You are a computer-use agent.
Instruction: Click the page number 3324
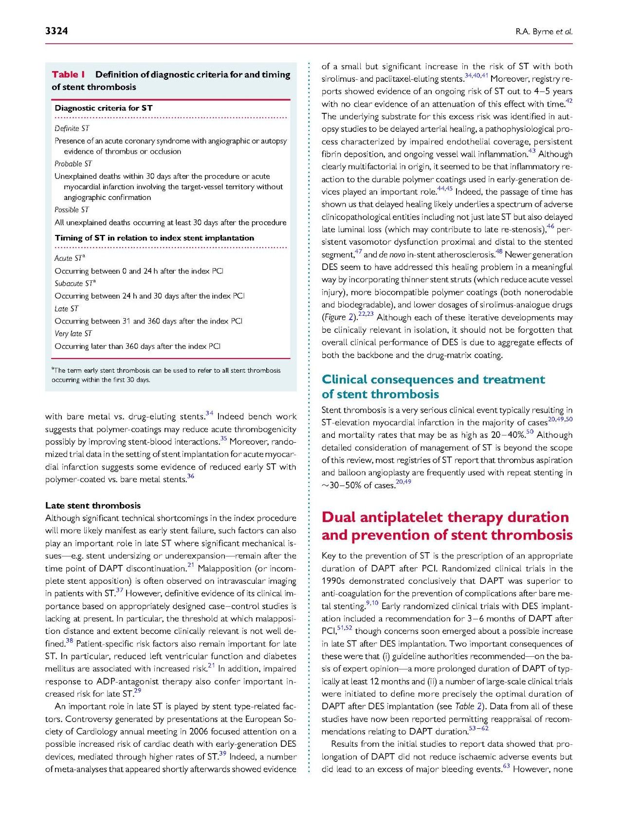pyautogui.click(x=56, y=31)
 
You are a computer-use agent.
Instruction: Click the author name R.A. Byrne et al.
pyautogui.click(x=544, y=32)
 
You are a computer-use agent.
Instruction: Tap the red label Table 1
pyautogui.click(x=68, y=74)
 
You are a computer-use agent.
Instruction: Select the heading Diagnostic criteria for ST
pyautogui.click(x=103, y=108)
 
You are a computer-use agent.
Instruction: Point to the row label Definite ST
pyautogui.click(x=72, y=128)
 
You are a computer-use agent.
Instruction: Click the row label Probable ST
pyautogui.click(x=73, y=164)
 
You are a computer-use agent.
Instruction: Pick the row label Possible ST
pyautogui.click(x=72, y=210)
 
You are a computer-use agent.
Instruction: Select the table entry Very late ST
pyautogui.click(x=73, y=334)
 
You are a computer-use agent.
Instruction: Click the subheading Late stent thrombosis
pyautogui.click(x=92, y=505)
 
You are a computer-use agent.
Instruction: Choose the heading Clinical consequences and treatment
pyautogui.click(x=433, y=379)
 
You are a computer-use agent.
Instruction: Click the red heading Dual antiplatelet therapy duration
pyautogui.click(x=445, y=517)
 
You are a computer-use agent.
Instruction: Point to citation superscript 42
pyautogui.click(x=569, y=101)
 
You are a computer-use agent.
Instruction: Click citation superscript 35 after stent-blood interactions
pyautogui.click(x=223, y=439)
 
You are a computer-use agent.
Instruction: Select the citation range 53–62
pyautogui.click(x=478, y=729)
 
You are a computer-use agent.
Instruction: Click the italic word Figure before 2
pyautogui.click(x=333, y=318)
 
